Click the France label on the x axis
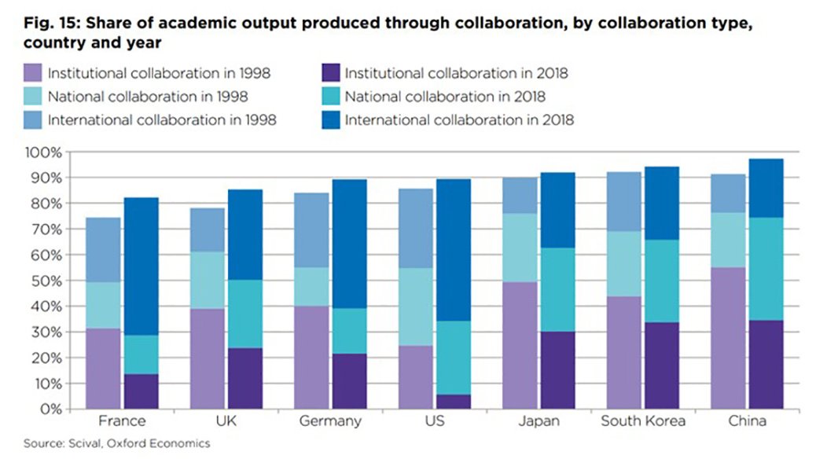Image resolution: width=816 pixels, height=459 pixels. (122, 421)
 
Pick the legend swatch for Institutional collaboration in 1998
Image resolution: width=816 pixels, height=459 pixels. (32, 74)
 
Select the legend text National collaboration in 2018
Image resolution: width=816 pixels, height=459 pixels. (445, 97)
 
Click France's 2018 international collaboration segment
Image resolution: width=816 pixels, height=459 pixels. (141, 266)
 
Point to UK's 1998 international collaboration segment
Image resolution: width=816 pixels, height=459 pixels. (207, 229)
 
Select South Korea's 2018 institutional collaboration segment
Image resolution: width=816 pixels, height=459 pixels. (660, 365)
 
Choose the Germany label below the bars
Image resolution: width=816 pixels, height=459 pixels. (330, 421)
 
